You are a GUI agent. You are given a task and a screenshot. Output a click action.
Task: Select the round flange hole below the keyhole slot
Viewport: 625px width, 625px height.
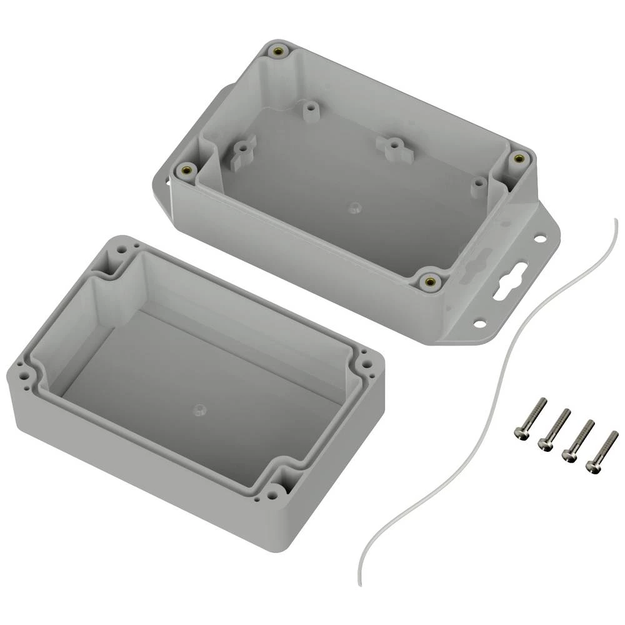(480, 323)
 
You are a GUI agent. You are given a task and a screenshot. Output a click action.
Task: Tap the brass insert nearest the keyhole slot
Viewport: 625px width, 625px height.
(429, 281)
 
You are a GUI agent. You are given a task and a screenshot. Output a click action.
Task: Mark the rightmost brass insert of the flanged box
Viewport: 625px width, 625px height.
(517, 159)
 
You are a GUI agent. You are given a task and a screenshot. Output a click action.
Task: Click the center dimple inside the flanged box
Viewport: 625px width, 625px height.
(353, 206)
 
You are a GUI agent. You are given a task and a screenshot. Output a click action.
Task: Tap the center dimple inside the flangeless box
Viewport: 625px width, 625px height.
(198, 409)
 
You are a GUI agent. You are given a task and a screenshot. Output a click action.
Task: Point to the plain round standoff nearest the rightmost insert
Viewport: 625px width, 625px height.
(478, 185)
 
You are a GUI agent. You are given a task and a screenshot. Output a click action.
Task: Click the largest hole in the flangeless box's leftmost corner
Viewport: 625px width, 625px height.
(23, 377)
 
